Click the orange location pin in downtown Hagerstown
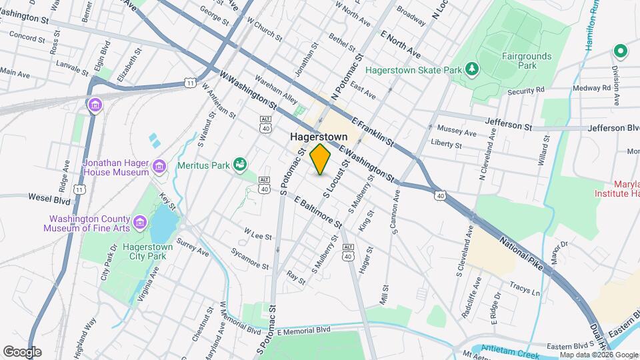click(x=321, y=159)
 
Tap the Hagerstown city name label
click(x=319, y=136)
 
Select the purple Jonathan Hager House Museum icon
click(x=159, y=166)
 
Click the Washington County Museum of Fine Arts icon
click(x=139, y=222)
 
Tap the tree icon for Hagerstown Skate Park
click(x=472, y=69)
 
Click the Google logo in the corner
click(x=22, y=351)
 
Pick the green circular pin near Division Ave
click(x=620, y=51)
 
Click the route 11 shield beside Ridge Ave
click(x=79, y=190)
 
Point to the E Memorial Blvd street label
click(x=305, y=330)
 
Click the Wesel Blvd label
click(x=49, y=197)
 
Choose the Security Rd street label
click(x=525, y=89)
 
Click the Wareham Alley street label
click(x=281, y=98)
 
